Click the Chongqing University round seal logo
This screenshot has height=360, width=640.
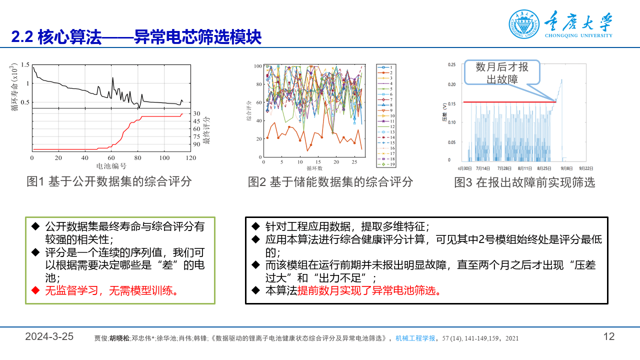coord(524,24)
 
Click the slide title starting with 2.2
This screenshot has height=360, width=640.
coord(136,37)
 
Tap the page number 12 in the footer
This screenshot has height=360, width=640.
coord(608,336)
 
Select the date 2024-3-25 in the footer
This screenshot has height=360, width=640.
coord(49,336)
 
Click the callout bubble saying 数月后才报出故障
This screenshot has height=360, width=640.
coord(502,73)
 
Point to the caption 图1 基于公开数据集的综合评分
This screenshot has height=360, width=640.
coord(109,181)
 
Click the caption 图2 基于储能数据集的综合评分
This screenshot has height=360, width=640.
coord(330,182)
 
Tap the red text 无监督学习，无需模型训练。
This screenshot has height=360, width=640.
coord(111,290)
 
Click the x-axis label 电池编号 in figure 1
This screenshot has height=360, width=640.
coord(111,166)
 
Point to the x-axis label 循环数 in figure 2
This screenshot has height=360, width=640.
coord(313,169)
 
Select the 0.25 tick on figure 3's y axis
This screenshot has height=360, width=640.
coord(451,64)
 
